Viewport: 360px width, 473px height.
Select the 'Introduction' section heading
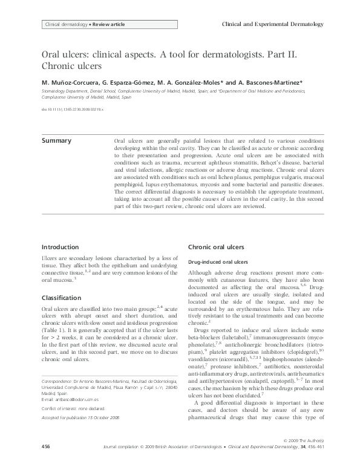pos(59,247)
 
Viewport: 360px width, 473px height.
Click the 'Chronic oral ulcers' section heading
pos(216,247)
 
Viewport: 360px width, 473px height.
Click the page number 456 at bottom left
pos(45,463)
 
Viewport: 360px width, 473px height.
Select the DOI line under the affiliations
pos(72,110)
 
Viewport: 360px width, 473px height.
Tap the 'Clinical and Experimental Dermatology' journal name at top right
pos(273,24)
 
